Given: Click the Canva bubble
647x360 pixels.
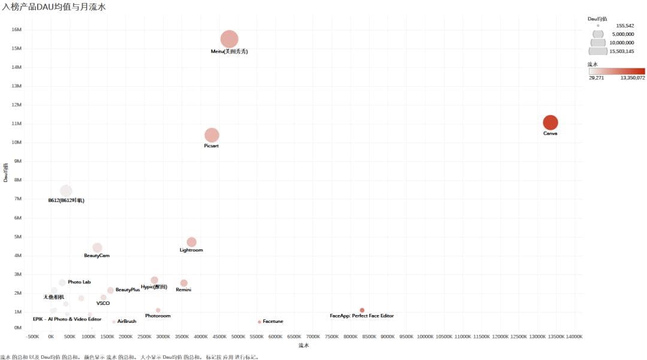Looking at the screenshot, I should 550,122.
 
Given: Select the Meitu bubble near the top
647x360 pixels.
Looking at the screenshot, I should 229,39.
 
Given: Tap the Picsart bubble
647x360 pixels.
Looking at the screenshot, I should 211,135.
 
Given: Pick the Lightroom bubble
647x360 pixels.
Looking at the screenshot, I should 191,242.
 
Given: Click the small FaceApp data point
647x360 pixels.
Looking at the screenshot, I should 362,310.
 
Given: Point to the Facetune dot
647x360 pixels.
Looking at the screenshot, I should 259,322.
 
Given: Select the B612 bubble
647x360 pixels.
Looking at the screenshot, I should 66,191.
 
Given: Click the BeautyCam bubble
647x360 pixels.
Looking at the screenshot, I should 97,247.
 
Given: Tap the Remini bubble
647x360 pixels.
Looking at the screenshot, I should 183,283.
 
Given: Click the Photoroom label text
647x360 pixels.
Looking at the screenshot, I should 158,316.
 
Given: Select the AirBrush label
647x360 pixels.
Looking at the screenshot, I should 126,322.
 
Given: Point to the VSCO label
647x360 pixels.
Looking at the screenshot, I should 103,303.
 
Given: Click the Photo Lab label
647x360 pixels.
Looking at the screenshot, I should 79,282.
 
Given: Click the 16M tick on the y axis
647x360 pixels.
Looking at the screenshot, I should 17,29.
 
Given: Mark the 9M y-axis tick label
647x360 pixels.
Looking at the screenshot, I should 17,161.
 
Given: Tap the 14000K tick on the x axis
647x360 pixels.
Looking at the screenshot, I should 573,337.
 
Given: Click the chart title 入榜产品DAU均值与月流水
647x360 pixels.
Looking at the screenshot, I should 55,7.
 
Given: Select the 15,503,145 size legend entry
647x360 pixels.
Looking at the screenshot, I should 621,52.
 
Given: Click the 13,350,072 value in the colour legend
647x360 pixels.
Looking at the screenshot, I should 632,78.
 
